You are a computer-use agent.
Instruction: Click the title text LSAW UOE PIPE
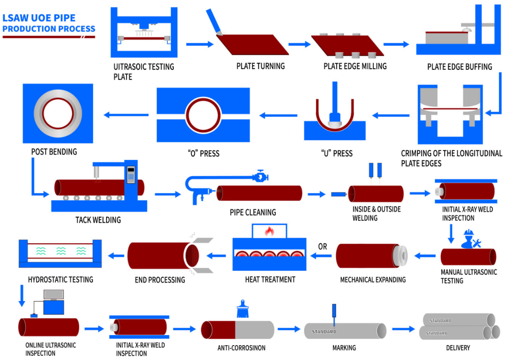(39, 18)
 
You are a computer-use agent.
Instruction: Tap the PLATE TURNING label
(261, 66)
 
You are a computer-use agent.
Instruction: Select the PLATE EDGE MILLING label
(355, 66)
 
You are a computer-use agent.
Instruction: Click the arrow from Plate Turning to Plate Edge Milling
(300, 44)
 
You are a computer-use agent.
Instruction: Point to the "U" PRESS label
(337, 153)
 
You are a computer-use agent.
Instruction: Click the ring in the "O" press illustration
(203, 115)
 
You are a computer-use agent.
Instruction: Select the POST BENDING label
(54, 152)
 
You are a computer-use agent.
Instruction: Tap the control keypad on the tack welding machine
(131, 174)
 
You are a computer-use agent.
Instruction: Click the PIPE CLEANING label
(253, 212)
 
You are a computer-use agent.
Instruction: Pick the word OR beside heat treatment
(323, 247)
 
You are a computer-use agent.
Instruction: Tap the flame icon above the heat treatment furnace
(269, 231)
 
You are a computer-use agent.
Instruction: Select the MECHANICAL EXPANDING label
(373, 279)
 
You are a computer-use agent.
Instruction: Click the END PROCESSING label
(160, 279)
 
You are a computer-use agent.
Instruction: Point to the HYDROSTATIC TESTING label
(60, 279)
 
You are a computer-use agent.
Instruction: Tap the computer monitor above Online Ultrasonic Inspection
(53, 295)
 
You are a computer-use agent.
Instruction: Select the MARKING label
(344, 348)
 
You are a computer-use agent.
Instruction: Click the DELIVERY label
(458, 348)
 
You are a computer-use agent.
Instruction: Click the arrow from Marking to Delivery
(403, 329)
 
